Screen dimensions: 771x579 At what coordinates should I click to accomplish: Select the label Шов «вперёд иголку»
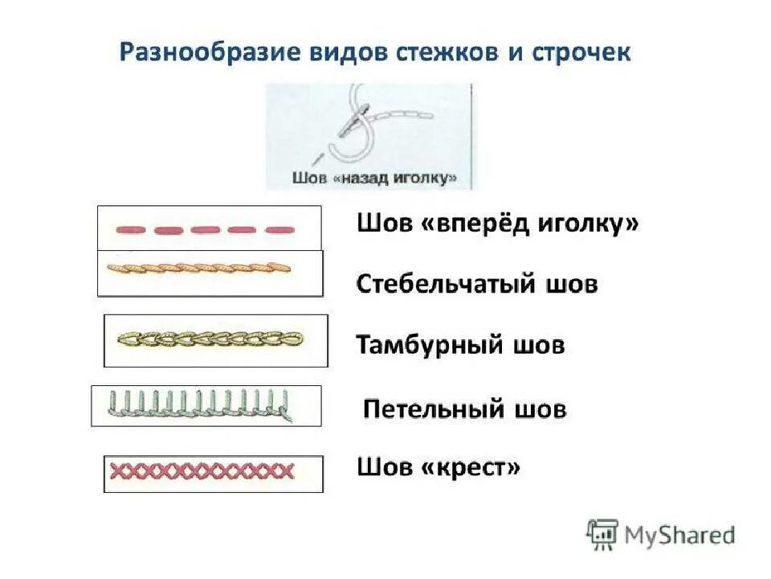click(498, 225)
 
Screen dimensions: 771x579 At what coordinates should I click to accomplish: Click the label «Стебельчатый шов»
click(477, 284)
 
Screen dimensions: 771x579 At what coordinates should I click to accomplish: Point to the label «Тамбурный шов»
click(460, 346)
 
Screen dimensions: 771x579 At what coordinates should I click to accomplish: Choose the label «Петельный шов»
click(465, 409)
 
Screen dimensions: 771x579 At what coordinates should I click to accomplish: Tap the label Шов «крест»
click(439, 466)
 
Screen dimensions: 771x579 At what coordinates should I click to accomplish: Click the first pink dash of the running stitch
click(130, 230)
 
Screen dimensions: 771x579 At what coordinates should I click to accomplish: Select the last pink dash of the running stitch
click(279, 230)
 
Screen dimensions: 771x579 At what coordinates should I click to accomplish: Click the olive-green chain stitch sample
click(210, 339)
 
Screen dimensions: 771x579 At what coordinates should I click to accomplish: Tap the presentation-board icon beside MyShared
click(602, 535)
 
